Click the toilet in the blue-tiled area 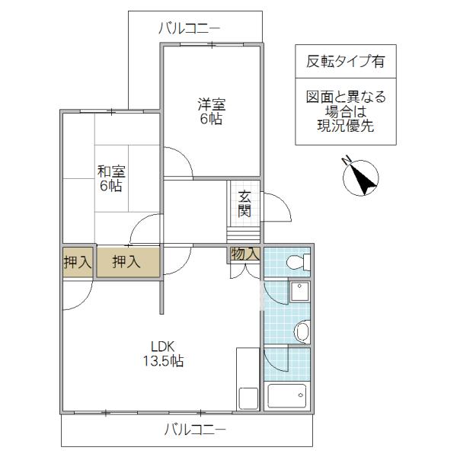[297, 263]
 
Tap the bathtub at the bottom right [287, 396]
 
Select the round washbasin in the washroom [302, 331]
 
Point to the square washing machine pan [300, 294]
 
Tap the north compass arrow [363, 178]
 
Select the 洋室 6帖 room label [212, 111]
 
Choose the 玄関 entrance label [244, 203]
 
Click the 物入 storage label [244, 254]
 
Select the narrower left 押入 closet [77, 263]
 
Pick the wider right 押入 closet [127, 263]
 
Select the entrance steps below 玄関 [244, 232]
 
